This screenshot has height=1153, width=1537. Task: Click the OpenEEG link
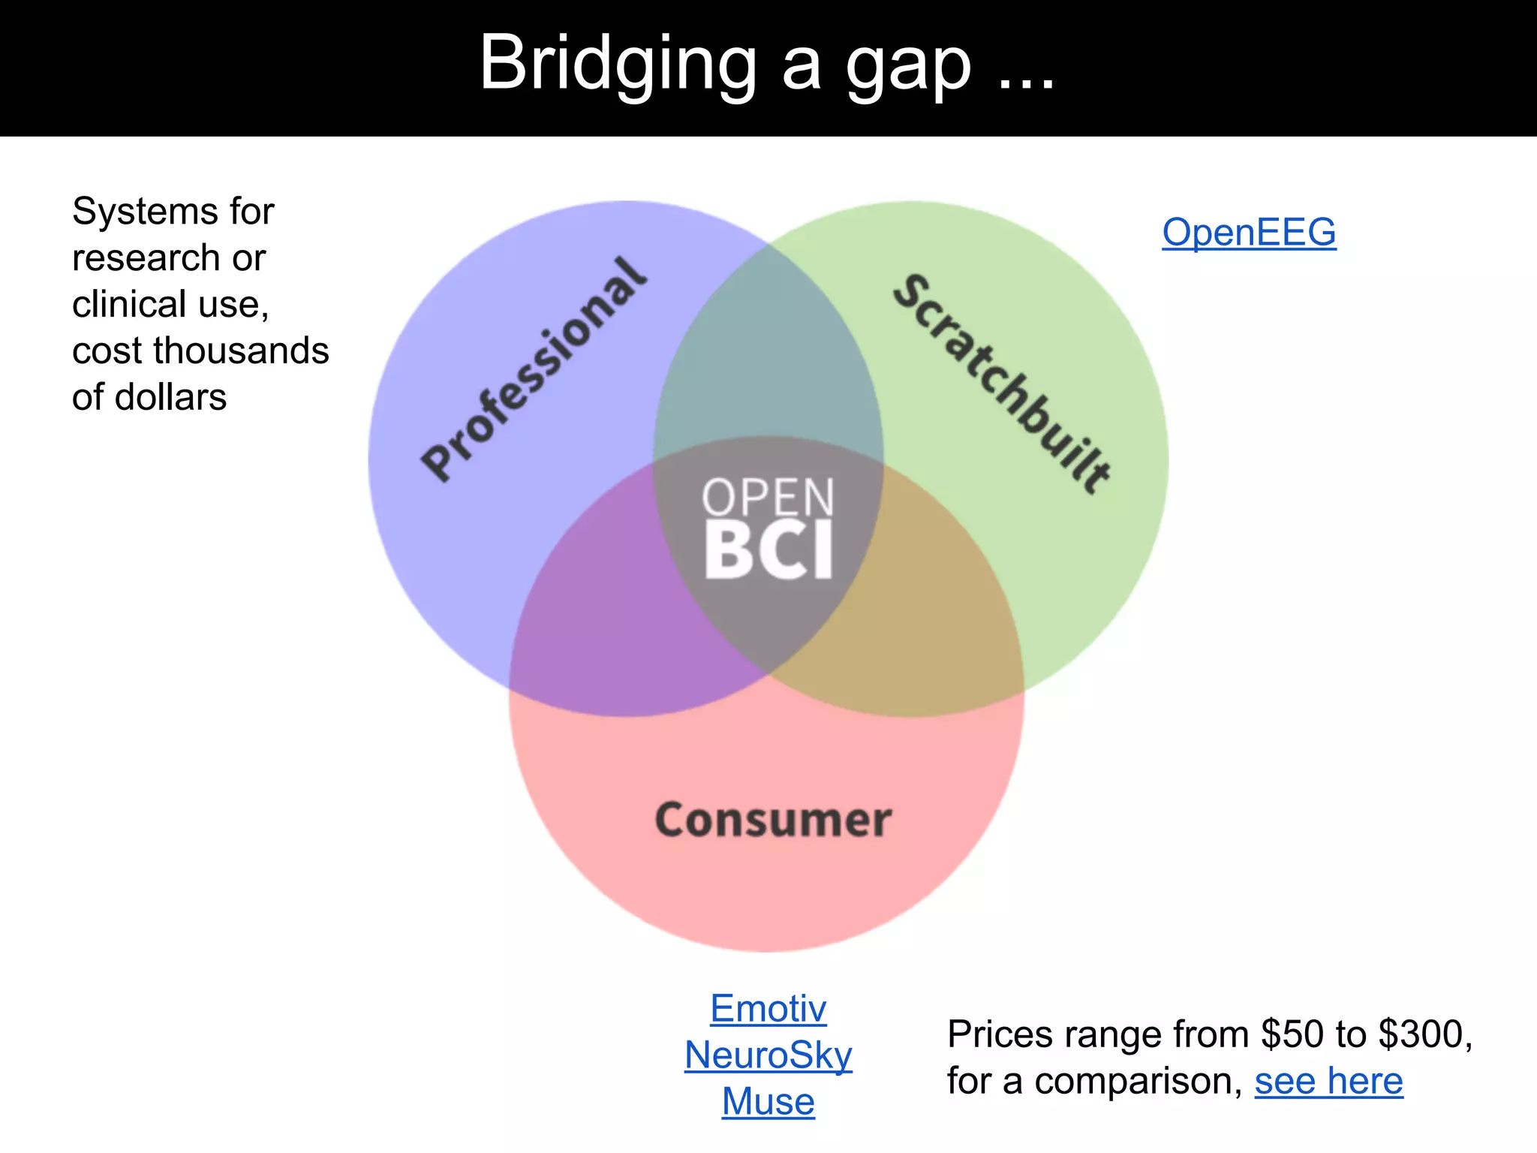[x=1249, y=232]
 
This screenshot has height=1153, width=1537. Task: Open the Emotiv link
[x=768, y=1008]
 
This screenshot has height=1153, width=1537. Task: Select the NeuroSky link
[x=768, y=1055]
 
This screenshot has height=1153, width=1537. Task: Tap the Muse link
[x=768, y=1101]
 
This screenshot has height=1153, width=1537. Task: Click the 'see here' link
[x=1328, y=1081]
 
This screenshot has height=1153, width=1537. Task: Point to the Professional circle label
[x=534, y=370]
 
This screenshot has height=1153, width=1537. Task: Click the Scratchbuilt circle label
[x=1002, y=384]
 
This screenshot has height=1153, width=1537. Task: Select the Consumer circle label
[x=773, y=819]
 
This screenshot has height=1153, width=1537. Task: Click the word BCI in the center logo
[x=768, y=550]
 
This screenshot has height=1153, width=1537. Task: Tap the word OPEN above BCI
[x=768, y=497]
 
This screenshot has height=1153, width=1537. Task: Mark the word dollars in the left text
[x=170, y=397]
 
